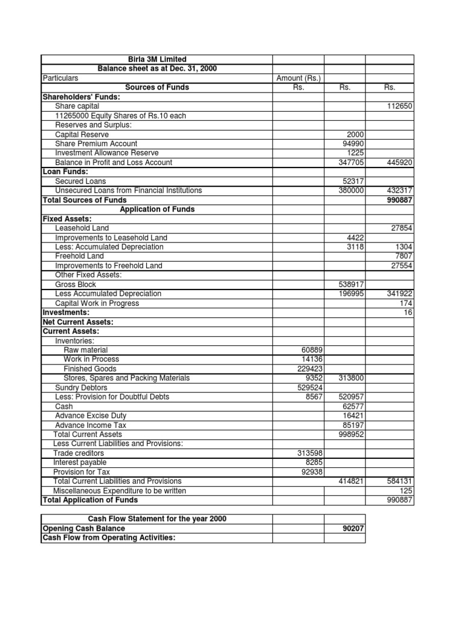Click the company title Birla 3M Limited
[156, 59]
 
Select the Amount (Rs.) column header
[298, 78]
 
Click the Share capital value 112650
[399, 106]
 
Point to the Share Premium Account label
[96, 144]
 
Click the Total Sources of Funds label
[85, 199]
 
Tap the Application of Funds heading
[156, 209]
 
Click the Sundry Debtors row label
[81, 387]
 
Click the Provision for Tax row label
[82, 472]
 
